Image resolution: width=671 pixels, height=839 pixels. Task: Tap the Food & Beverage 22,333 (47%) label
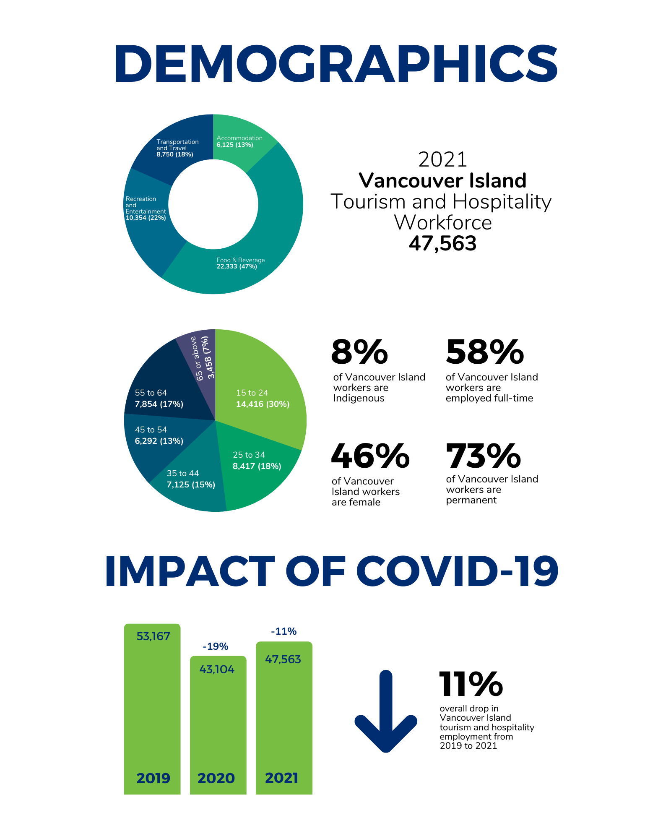[x=241, y=263]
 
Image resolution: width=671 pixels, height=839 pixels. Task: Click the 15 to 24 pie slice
[x=260, y=390]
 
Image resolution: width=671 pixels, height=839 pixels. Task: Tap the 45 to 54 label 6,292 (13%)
[x=159, y=435]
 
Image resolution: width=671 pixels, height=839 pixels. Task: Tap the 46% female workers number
[x=370, y=456]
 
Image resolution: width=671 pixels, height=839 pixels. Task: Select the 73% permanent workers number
[x=484, y=456]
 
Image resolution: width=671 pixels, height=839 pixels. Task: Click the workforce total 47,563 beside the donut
[x=443, y=244]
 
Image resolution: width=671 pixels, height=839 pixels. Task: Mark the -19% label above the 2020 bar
[x=216, y=646]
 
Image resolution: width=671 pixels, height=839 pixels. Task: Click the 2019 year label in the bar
[x=153, y=778]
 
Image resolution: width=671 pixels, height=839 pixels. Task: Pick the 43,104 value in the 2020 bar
[x=217, y=670]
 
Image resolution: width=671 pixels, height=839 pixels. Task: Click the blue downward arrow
[x=386, y=711]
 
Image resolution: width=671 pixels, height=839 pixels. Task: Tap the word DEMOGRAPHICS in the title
[x=336, y=64]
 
